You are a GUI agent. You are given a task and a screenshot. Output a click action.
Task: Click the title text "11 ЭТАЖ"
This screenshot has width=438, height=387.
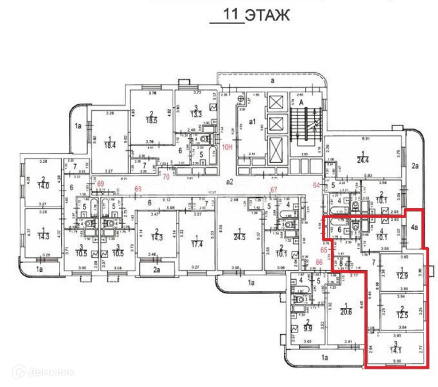[x=250, y=15]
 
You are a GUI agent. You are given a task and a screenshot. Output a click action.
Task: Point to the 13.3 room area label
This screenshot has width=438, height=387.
[x=197, y=113]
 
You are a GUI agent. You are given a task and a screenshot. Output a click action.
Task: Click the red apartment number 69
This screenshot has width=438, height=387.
[x=101, y=184]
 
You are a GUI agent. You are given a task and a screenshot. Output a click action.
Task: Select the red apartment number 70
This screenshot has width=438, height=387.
[x=167, y=177]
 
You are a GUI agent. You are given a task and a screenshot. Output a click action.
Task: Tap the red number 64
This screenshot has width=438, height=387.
[x=316, y=185]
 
